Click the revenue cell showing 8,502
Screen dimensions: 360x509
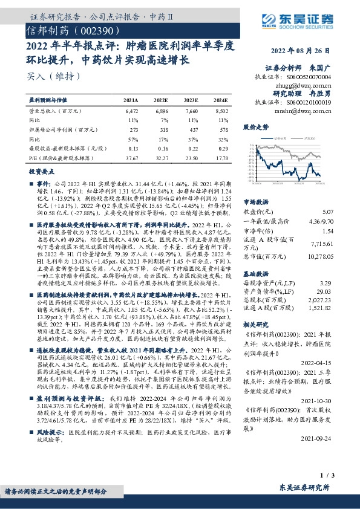(221, 111)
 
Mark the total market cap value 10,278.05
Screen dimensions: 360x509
(322, 257)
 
